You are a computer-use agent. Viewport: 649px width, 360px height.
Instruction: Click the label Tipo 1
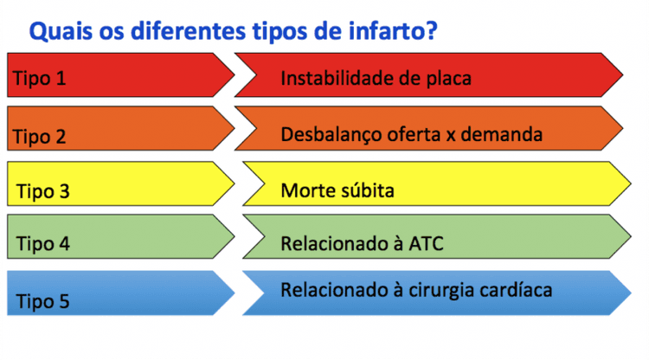[x=40, y=79]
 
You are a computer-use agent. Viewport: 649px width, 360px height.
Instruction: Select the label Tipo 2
[x=40, y=137]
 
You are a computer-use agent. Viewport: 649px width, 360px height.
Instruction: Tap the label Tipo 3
[x=43, y=191]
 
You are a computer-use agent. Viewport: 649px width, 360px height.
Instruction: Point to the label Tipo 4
[x=43, y=244]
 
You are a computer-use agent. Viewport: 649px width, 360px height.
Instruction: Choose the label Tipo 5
[x=43, y=302]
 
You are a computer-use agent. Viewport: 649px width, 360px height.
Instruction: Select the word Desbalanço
[x=331, y=135]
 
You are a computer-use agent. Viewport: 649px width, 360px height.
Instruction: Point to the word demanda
[x=508, y=135]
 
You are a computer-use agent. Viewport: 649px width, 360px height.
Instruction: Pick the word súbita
[x=364, y=190]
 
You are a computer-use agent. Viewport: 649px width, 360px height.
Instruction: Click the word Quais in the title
[x=57, y=33]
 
